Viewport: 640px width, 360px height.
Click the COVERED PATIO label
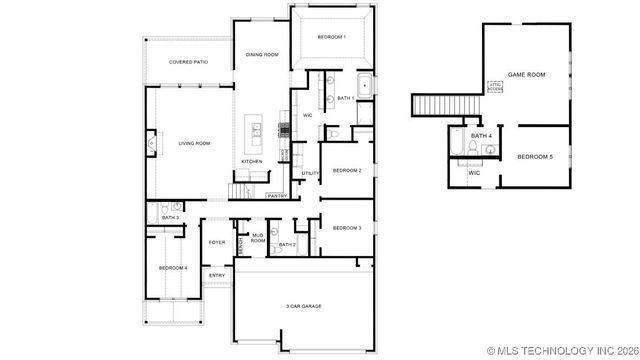pos(187,62)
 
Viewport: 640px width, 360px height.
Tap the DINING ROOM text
pos(262,54)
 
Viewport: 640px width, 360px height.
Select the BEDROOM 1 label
pos(331,37)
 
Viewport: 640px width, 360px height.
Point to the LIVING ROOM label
pos(194,143)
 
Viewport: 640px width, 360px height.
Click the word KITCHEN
pos(251,161)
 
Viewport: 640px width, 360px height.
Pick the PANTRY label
pos(277,196)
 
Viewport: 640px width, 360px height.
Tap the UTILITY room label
pos(310,173)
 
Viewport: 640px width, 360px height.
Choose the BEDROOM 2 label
pos(347,170)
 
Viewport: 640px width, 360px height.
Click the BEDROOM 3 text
pos(347,228)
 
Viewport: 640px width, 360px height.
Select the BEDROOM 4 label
pos(173,268)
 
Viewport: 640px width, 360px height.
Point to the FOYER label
pos(217,242)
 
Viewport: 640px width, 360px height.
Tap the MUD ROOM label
pos(258,238)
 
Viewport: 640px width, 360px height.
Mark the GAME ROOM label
pos(527,74)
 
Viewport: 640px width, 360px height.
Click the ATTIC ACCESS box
pos(494,86)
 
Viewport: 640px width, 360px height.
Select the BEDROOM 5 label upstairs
pos(535,157)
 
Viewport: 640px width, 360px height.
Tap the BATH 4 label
pos(481,135)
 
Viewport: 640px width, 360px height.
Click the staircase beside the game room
pos(433,105)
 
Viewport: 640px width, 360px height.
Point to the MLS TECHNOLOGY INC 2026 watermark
pos(561,351)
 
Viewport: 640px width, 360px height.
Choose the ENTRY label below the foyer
pos(216,274)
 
